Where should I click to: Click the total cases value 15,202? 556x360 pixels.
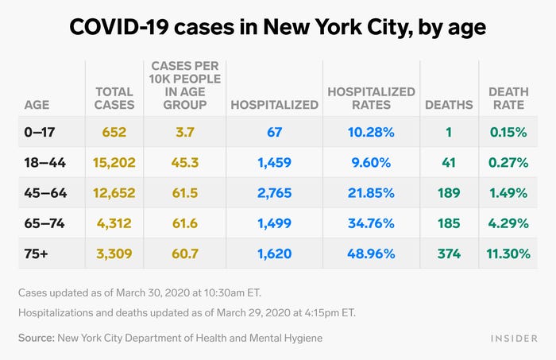[114, 163]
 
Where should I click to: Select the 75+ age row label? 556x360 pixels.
[37, 254]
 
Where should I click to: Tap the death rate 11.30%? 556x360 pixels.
[508, 254]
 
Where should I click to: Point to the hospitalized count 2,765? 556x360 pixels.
[275, 193]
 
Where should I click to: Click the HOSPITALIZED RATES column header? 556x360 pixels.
[371, 99]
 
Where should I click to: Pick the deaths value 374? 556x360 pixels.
[449, 254]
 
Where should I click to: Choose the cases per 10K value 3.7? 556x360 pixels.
[185, 132]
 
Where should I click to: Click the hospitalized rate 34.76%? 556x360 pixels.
[371, 223]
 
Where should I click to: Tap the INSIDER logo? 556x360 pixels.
[514, 339]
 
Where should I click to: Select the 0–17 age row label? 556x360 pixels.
[40, 132]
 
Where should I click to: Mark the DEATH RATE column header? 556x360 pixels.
[508, 99]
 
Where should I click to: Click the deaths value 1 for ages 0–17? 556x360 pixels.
[449, 132]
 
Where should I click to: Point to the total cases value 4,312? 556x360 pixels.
[114, 223]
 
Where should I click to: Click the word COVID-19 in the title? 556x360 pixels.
[119, 27]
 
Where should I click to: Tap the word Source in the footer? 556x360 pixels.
[37, 338]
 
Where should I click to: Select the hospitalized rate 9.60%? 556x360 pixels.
[371, 163]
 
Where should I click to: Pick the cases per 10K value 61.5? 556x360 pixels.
[185, 193]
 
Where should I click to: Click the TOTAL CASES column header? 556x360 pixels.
[114, 99]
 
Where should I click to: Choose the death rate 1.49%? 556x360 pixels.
[508, 193]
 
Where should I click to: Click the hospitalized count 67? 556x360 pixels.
[275, 132]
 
